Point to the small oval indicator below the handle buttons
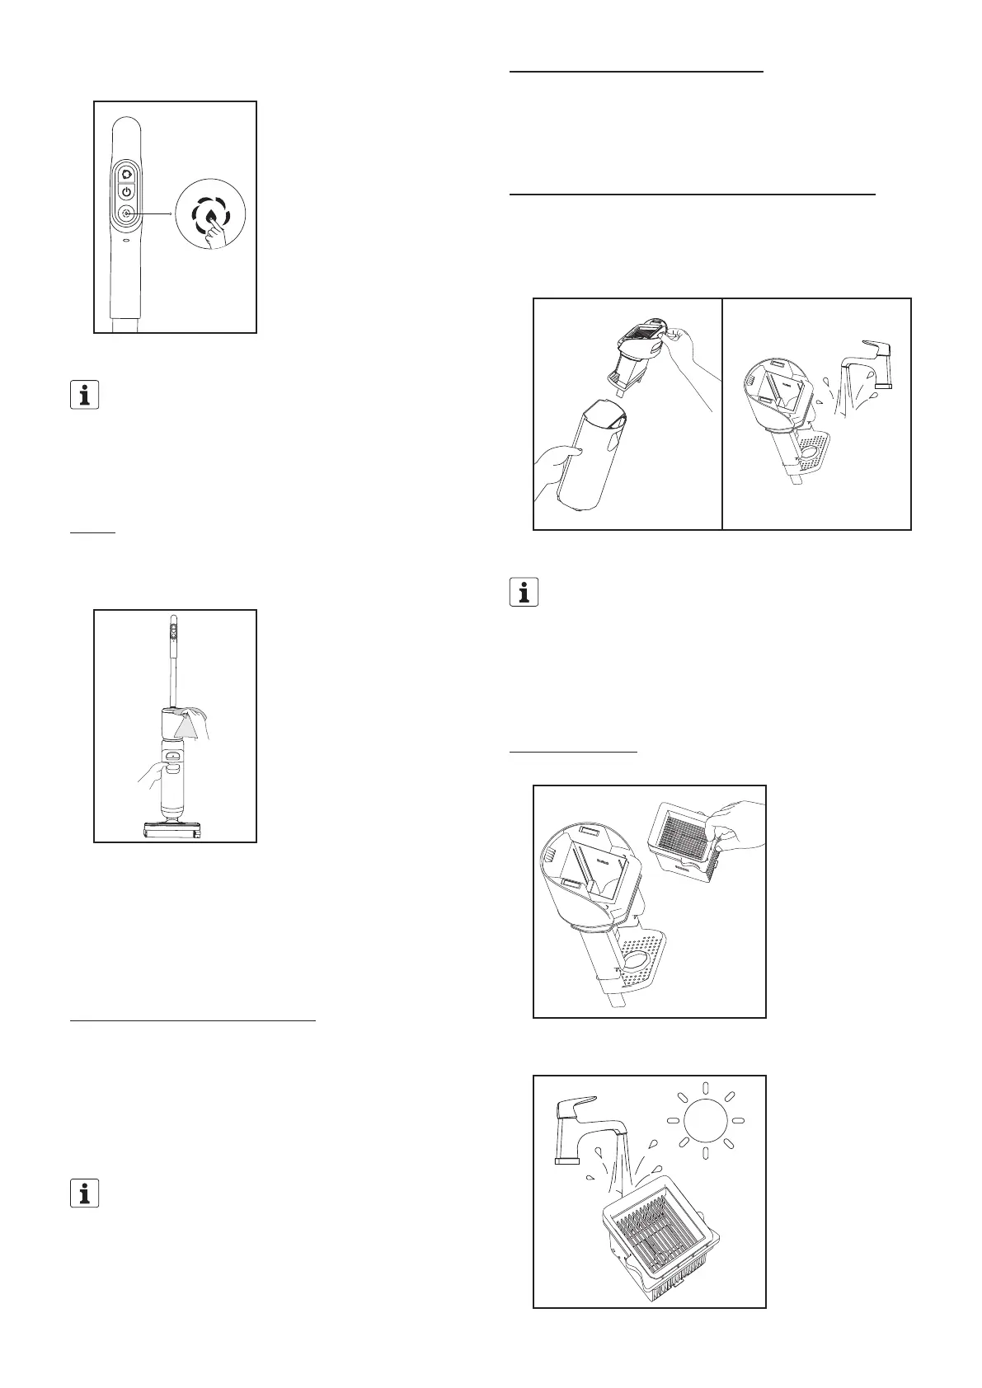126,242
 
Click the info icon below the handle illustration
83,395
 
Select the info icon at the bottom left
83,1193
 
